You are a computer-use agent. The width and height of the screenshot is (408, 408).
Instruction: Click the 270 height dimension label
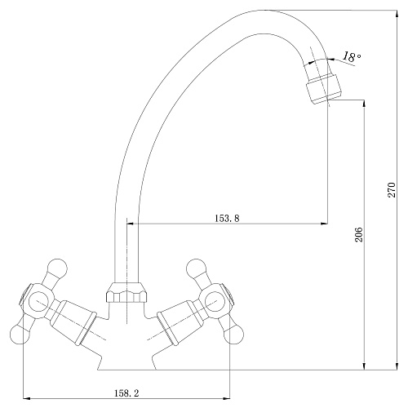click(x=392, y=190)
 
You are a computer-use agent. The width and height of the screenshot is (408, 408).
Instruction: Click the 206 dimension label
click(x=359, y=234)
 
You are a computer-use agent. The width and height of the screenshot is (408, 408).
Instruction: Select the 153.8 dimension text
click(x=227, y=218)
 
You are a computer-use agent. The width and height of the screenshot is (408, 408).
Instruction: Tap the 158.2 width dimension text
click(x=126, y=393)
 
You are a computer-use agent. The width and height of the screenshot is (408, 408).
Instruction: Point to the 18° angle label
click(x=352, y=57)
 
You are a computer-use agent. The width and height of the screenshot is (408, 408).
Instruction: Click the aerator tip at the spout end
click(x=324, y=88)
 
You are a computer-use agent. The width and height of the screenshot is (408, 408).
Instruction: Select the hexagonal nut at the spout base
click(x=127, y=293)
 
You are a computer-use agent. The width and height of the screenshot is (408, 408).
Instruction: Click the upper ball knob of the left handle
click(x=57, y=268)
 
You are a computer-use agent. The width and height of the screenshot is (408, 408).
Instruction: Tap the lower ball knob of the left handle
click(x=20, y=334)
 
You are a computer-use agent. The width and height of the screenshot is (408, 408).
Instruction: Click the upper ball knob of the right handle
click(x=196, y=268)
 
